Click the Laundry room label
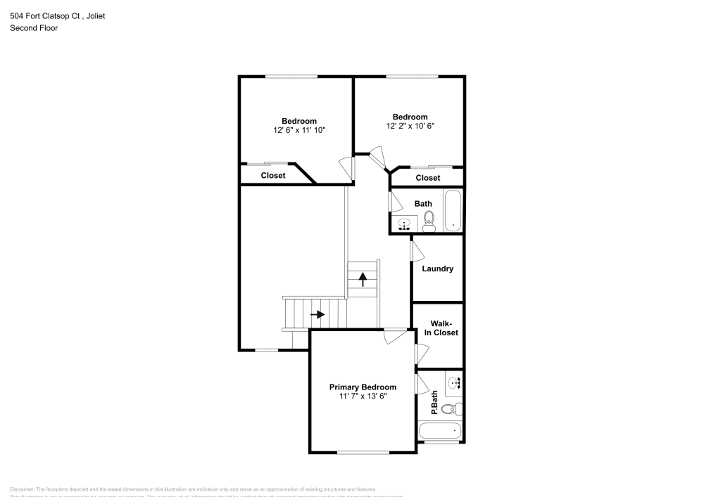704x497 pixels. click(x=437, y=269)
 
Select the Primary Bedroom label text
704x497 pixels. click(x=363, y=387)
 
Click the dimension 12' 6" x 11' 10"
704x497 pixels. click(x=299, y=130)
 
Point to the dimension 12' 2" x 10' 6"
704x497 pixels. click(x=410, y=127)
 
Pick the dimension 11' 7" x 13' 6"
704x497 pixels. click(x=363, y=396)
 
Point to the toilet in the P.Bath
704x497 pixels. click(x=455, y=408)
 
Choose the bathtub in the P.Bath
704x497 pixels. click(x=440, y=430)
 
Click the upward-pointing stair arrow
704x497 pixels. click(x=363, y=279)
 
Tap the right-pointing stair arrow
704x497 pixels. click(x=317, y=314)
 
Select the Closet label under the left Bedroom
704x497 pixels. click(x=273, y=175)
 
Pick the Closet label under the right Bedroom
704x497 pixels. click(x=427, y=178)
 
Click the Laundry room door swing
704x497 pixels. click(x=416, y=248)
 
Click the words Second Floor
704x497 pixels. click(x=34, y=28)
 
